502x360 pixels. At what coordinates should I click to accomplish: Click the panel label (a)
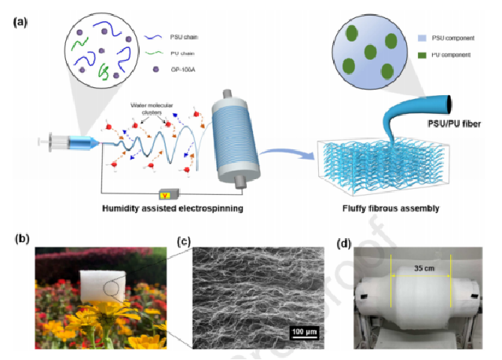click(x=20, y=22)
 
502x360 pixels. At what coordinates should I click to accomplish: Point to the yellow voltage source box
click(x=166, y=193)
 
